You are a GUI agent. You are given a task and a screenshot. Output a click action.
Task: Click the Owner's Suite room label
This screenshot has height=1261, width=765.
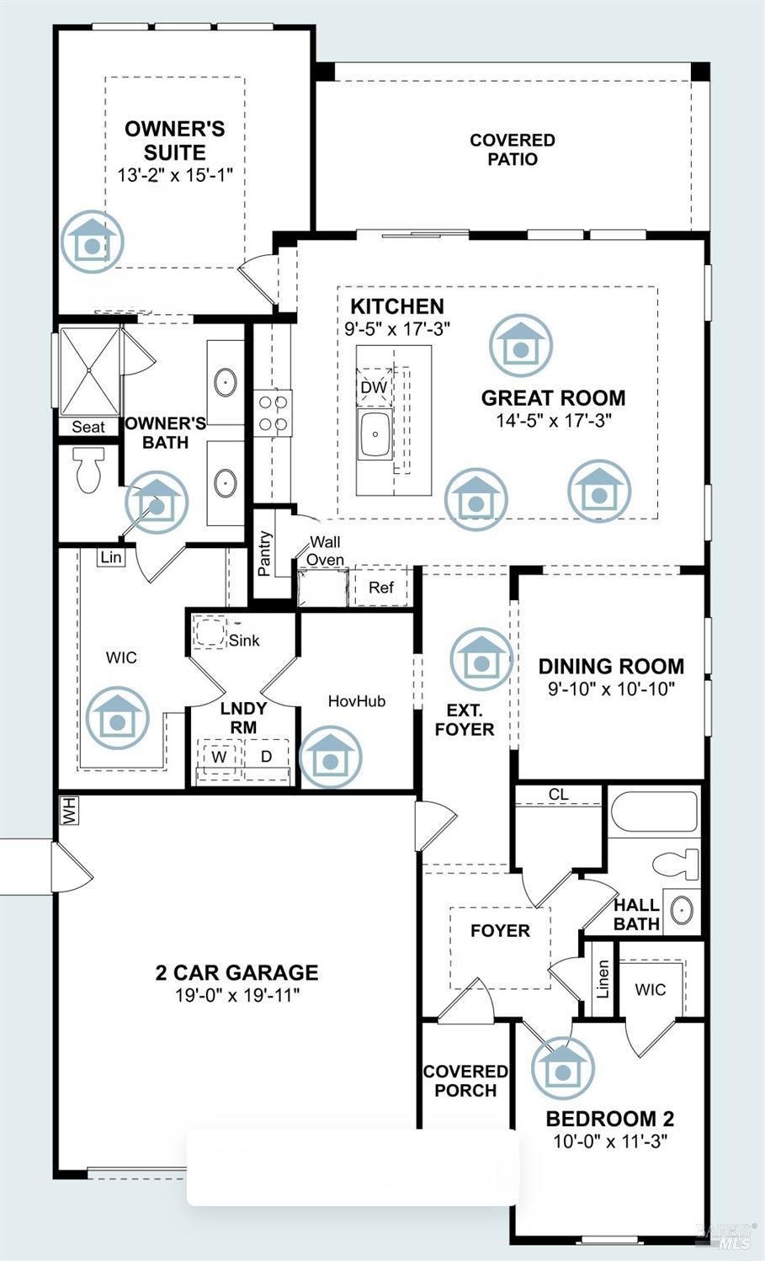tap(174, 141)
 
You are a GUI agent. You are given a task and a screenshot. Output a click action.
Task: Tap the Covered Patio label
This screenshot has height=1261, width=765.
tap(513, 149)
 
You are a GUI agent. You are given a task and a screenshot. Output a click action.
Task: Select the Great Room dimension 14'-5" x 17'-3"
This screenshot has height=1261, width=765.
tap(554, 421)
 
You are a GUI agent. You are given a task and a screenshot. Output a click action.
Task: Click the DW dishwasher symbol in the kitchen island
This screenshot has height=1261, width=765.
tap(374, 387)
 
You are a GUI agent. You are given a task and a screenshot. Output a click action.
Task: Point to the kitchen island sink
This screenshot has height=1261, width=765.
tap(375, 434)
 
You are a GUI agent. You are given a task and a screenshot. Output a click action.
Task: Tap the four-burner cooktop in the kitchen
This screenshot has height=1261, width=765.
tap(273, 413)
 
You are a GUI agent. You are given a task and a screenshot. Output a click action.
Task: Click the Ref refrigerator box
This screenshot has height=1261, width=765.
tap(381, 588)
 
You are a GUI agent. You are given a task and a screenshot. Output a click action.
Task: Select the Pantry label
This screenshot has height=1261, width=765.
tap(264, 553)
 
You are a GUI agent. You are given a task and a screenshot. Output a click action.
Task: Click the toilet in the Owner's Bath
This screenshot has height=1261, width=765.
tap(89, 469)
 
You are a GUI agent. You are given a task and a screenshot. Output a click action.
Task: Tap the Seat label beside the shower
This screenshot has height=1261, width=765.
tap(88, 427)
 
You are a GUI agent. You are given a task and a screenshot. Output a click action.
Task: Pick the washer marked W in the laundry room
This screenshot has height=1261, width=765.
tap(219, 757)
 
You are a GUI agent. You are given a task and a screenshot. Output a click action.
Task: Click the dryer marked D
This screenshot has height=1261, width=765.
tap(266, 757)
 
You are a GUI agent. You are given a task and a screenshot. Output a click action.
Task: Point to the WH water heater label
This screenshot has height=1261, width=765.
tap(70, 811)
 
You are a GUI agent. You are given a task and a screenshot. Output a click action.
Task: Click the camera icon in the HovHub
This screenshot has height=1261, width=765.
tap(331, 757)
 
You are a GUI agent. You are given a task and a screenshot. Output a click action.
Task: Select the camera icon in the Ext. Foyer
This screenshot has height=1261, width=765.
tap(481, 659)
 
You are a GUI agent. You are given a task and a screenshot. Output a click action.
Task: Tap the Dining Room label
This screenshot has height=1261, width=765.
tap(611, 667)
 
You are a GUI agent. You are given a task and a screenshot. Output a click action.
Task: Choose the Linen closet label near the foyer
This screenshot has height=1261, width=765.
tap(603, 979)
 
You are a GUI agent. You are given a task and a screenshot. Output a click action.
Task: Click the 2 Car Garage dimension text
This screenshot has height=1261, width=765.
tap(237, 995)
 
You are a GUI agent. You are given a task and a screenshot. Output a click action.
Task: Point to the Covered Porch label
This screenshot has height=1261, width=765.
tap(465, 1080)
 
